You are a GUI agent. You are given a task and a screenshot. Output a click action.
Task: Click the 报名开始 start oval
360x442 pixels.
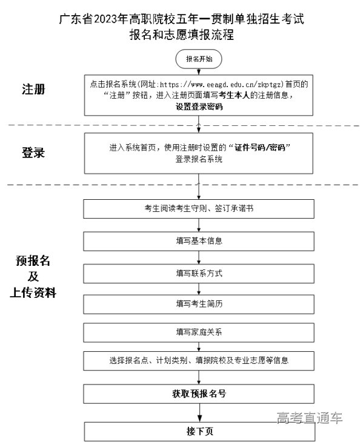tap(199, 59)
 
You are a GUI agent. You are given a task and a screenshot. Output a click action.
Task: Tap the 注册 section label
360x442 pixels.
tap(34, 90)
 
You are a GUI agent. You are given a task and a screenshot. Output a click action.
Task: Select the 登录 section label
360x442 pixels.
tap(34, 153)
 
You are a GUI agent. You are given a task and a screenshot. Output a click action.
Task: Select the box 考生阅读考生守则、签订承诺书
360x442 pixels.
tap(199, 209)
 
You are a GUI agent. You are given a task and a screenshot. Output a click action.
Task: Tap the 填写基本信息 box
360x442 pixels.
tap(199, 241)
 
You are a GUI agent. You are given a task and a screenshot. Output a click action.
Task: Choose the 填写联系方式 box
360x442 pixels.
tap(199, 273)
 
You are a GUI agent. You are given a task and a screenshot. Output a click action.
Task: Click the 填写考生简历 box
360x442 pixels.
tap(199, 304)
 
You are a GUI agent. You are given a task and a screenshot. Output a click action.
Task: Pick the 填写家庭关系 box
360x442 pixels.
tap(199, 332)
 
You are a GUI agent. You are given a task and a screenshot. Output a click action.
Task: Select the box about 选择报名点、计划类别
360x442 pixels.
tap(199, 361)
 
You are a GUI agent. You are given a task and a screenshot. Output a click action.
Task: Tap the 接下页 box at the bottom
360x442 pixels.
tap(199, 432)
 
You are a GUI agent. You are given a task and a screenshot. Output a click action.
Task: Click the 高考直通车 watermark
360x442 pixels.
tap(309, 418)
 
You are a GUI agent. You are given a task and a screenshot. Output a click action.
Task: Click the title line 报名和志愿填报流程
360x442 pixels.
tap(181, 35)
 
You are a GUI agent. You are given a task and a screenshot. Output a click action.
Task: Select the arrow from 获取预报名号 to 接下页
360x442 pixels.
tap(199, 413)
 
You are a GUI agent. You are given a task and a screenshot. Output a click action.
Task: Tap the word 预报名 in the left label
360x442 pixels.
tap(34, 262)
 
